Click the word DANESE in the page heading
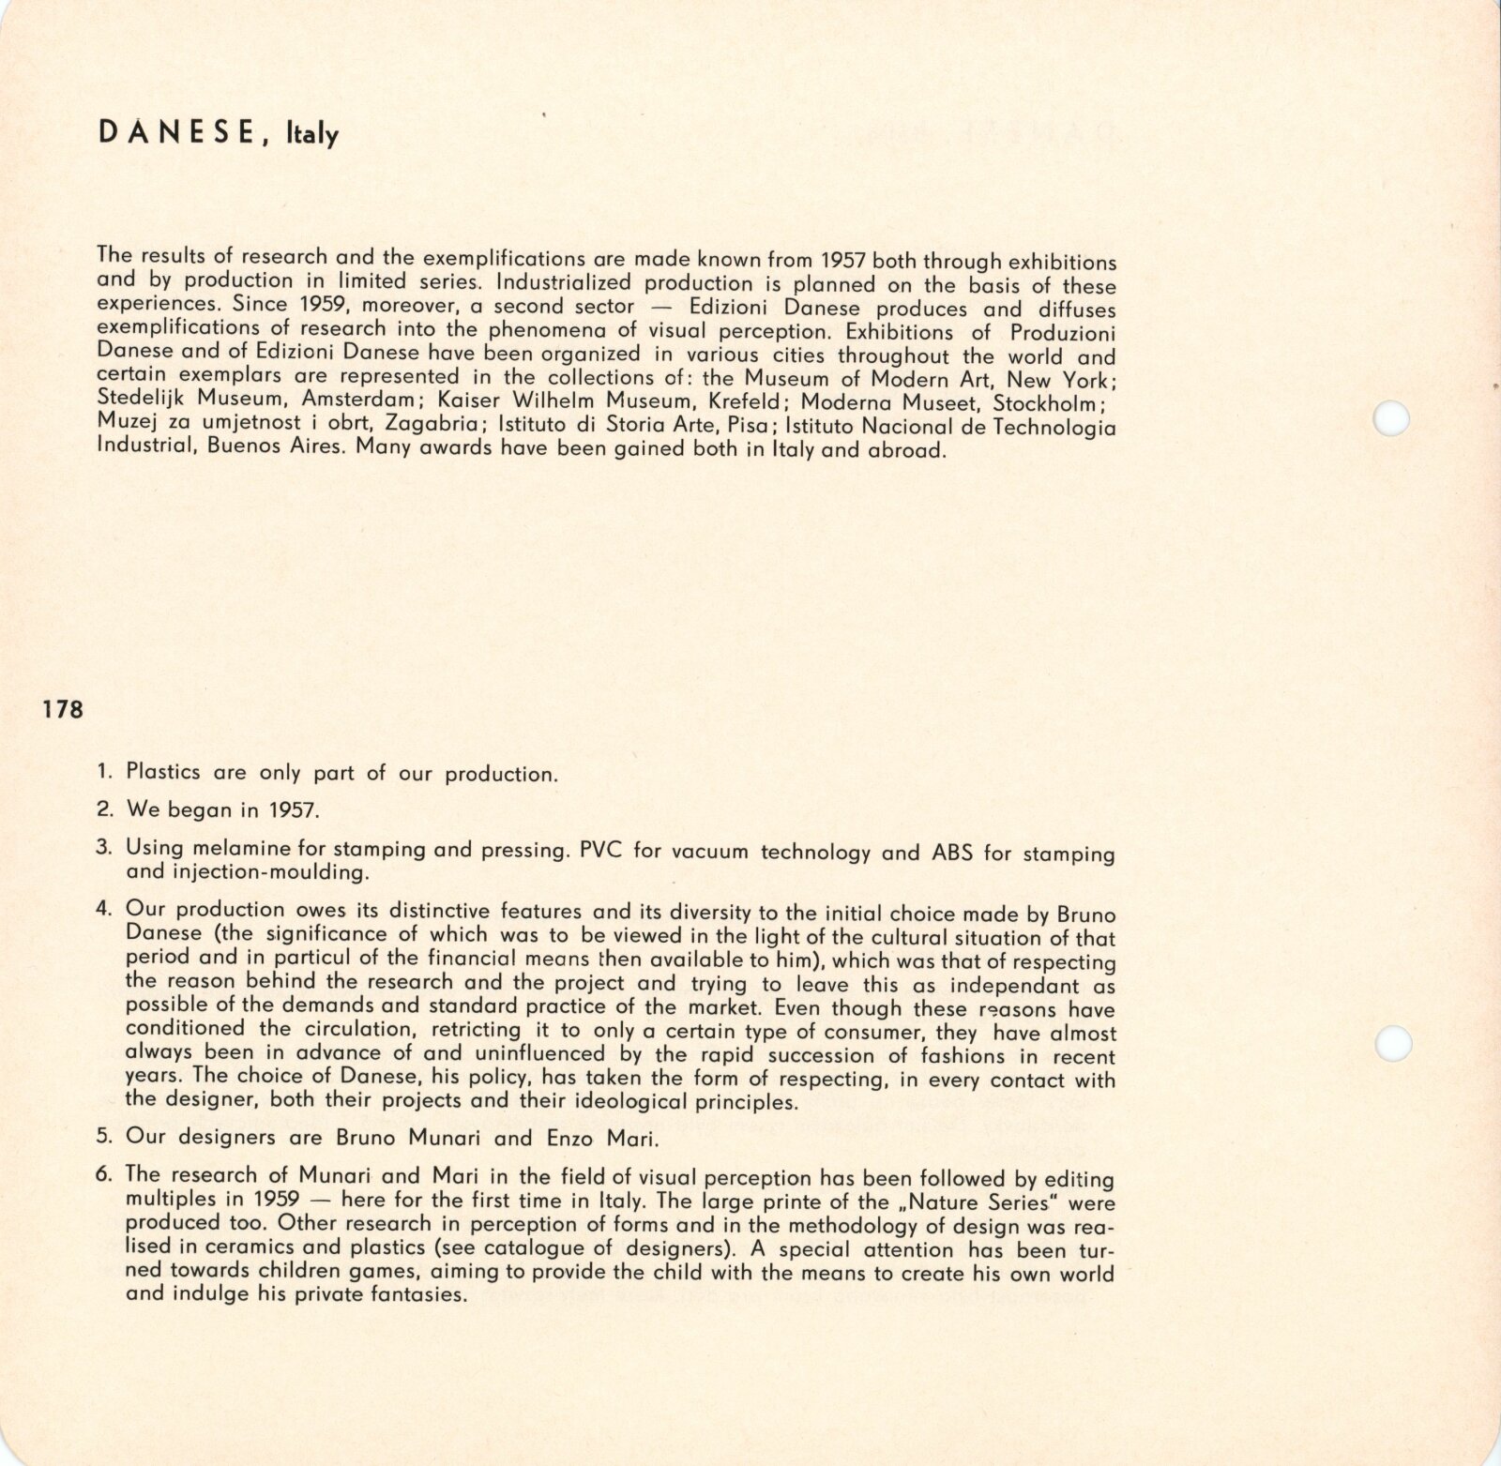(174, 133)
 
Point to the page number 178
(62, 710)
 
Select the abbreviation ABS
(953, 854)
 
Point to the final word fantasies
(413, 1295)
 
